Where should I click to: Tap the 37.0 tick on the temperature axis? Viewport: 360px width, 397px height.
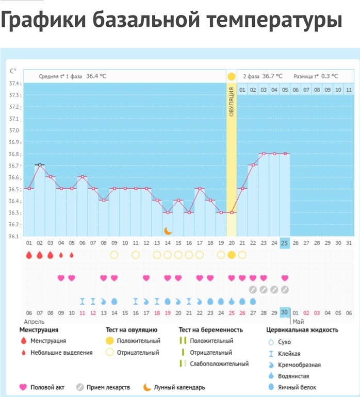14,130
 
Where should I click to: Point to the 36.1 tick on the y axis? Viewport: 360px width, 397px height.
14,237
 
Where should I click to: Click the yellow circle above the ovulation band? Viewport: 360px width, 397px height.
232,76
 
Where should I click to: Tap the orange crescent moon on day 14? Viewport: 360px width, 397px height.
167,230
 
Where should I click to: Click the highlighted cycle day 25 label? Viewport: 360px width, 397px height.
285,243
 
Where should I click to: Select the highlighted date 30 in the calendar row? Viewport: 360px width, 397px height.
285,312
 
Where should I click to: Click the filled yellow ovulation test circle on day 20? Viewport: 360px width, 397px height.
232,255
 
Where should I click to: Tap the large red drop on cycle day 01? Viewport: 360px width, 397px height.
29,255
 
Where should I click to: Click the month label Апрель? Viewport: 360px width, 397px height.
28,321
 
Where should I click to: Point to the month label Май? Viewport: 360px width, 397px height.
298,321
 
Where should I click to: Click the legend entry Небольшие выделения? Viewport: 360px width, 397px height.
61,353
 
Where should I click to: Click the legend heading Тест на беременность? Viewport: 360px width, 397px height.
210,329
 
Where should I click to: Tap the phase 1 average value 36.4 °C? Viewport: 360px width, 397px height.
96,76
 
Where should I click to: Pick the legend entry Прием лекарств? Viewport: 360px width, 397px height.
108,387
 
